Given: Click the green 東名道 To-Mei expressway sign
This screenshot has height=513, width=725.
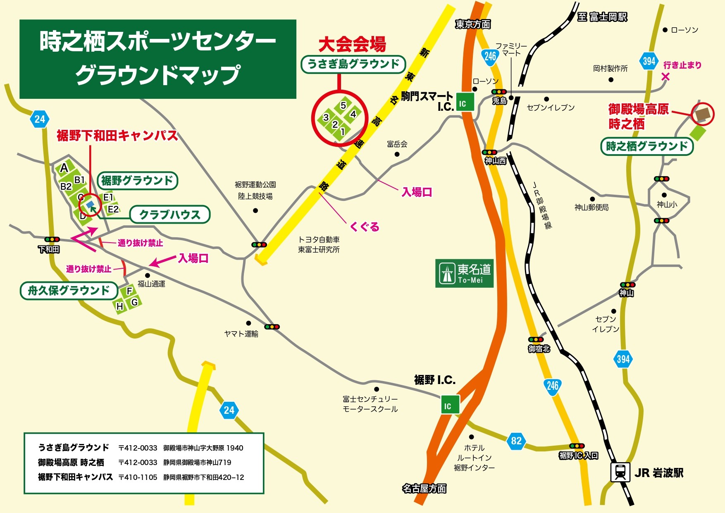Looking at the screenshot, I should pos(464,273).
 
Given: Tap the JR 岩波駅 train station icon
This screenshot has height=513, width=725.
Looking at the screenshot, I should pos(620,472).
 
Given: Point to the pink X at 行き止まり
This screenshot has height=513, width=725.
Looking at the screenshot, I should pos(665,76).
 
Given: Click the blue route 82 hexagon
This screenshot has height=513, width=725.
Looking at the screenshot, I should pos(516,441).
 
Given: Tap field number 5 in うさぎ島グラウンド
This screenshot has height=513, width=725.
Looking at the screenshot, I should pos(343,105).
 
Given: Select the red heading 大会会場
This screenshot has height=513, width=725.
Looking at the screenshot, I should pos(352,45).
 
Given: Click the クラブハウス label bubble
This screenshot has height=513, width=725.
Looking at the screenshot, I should pos(170,215).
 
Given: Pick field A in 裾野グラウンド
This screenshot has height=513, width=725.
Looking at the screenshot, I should pos(64,168).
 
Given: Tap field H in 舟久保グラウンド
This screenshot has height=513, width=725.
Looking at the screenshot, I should pos(120,306).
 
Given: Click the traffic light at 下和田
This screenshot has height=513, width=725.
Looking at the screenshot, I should pos(52,239).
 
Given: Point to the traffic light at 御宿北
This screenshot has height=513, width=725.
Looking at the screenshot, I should pos(536,339).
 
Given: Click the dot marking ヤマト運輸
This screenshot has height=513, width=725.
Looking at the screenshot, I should pos(248,323).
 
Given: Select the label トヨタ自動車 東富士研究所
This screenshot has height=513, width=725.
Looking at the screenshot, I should pos(319,244).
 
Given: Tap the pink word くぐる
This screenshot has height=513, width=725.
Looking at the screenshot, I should pos(364,227).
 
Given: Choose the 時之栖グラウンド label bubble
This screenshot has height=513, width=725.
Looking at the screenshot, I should pos(646,146).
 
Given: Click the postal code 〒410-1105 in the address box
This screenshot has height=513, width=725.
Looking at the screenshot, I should pos(138,477).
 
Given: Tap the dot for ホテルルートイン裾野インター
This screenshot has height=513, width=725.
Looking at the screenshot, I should pos(471,437).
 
